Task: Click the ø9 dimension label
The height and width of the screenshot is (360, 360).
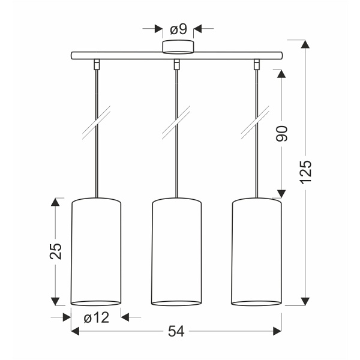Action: click(x=178, y=28)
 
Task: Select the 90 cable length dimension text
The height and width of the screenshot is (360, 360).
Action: click(x=283, y=134)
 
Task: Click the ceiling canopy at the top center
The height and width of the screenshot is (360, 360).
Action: click(x=178, y=47)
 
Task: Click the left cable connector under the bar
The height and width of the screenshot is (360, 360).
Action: click(x=96, y=64)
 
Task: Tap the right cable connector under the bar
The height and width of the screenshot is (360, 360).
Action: click(x=257, y=64)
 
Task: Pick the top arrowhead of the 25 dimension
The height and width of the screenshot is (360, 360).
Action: click(x=55, y=202)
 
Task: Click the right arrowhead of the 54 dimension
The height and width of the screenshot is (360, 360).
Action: click(x=277, y=331)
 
